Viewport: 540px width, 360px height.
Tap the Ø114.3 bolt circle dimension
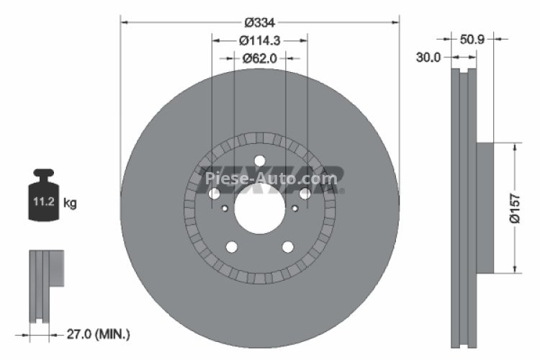260,41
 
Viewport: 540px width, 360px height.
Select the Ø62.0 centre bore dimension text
260,59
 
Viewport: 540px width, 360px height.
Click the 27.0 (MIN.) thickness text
99,334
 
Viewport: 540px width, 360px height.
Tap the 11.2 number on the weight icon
39,204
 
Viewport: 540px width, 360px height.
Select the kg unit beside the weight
70,204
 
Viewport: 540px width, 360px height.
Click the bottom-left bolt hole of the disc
231,247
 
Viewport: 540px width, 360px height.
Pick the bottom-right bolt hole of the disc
288,247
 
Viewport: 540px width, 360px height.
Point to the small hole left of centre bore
225,209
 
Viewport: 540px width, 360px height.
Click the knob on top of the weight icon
44,174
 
